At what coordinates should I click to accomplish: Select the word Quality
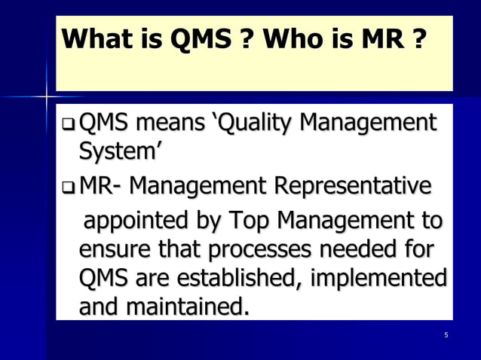coord(268,123)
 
